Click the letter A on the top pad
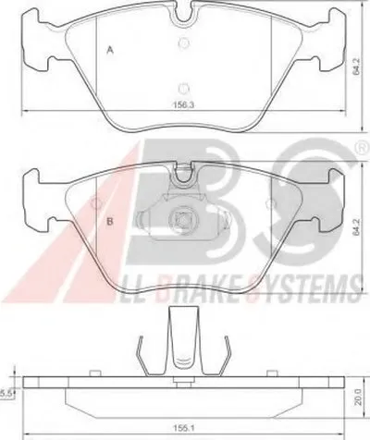pyautogui.click(x=110, y=50)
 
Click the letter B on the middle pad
pyautogui.click(x=110, y=221)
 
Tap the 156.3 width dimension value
pyautogui.click(x=183, y=104)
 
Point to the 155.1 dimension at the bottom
pyautogui.click(x=184, y=428)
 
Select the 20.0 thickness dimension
pyautogui.click(x=358, y=397)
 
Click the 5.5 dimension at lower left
pyautogui.click(x=6, y=394)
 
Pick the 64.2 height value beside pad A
pyautogui.click(x=357, y=67)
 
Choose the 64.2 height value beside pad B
pyautogui.click(x=357, y=227)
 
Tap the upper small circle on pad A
pyautogui.click(x=184, y=43)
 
